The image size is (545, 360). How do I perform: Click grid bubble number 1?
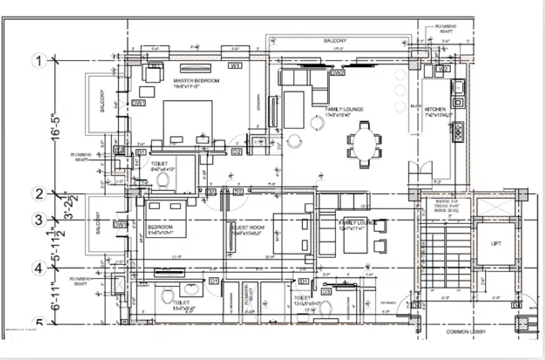pyautogui.click(x=40, y=61)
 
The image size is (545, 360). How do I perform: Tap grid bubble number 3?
pyautogui.click(x=40, y=220)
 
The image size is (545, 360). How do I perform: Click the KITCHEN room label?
pyautogui.click(x=435, y=110)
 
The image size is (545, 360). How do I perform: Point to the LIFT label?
pyautogui.click(x=496, y=244)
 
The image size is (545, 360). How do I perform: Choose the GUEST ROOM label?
pyautogui.click(x=247, y=228)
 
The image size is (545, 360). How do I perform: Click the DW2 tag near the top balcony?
pyautogui.click(x=338, y=73)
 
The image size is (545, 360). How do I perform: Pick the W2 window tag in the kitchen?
pyautogui.click(x=442, y=69)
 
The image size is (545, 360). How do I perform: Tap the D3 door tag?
pyautogui.click(x=326, y=292)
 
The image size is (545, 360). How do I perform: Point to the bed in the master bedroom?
pyautogui.click(x=187, y=122)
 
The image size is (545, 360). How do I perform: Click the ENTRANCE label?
pyautogui.click(x=388, y=302)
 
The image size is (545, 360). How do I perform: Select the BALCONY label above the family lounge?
pyautogui.click(x=335, y=41)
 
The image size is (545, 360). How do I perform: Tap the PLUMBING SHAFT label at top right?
pyautogui.click(x=446, y=28)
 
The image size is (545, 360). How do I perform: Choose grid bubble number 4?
pyautogui.click(x=40, y=268)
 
